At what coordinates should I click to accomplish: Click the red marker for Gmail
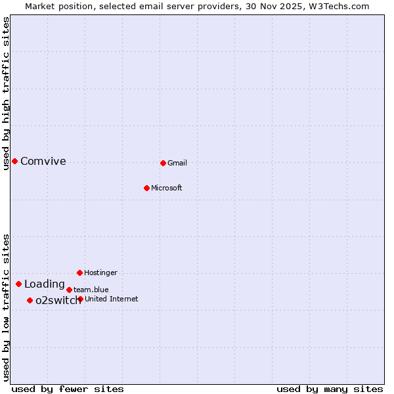click(x=163, y=163)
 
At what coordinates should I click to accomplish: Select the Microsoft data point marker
click(x=146, y=188)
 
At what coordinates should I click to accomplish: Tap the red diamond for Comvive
click(x=14, y=161)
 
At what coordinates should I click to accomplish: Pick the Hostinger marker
click(x=79, y=273)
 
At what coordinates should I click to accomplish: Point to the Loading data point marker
click(x=18, y=284)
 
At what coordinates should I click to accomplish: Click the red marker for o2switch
click(x=30, y=300)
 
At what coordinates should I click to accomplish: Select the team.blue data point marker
click(x=69, y=290)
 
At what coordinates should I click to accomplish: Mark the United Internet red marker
click(x=80, y=299)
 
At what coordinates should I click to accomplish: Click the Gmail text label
click(x=177, y=163)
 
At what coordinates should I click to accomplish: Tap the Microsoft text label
click(x=167, y=188)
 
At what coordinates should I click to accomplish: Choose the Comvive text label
click(x=43, y=162)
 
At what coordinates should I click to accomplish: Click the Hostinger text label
click(x=100, y=273)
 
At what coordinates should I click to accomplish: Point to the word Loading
click(x=45, y=284)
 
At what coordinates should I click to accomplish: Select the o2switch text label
click(x=58, y=301)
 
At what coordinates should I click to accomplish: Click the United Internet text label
click(x=112, y=299)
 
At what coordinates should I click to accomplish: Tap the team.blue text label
click(x=91, y=290)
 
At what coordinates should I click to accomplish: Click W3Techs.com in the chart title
click(x=339, y=7)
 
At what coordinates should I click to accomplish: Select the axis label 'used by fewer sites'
click(x=68, y=389)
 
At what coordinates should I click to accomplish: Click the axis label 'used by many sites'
click(x=330, y=389)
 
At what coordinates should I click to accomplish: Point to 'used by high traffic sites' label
click(x=6, y=93)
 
